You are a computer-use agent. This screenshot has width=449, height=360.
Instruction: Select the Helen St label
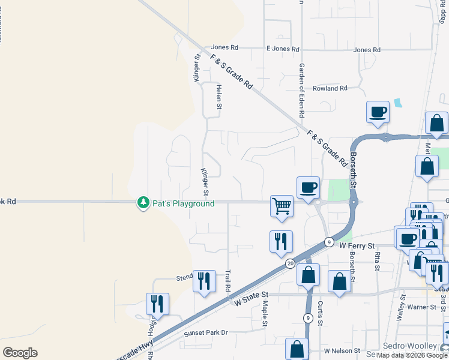click(219, 97)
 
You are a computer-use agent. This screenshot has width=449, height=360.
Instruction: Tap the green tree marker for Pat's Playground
click(143, 203)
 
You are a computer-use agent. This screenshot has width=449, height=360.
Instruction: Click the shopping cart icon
click(282, 206)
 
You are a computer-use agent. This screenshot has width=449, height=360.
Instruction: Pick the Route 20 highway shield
click(291, 263)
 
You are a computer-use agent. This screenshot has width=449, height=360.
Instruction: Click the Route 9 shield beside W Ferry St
click(329, 242)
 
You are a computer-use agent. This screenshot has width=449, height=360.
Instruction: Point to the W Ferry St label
click(357, 246)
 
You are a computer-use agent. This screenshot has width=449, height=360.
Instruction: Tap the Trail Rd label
click(228, 281)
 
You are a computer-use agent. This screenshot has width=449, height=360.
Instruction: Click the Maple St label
click(264, 314)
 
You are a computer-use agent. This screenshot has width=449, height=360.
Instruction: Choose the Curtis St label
click(321, 314)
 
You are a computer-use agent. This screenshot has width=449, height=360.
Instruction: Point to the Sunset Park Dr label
click(207, 332)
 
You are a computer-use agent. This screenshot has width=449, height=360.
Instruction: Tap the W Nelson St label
click(341, 350)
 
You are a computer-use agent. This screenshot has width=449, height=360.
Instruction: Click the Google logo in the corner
click(20, 352)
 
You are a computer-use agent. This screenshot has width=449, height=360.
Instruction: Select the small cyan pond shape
click(397, 103)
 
